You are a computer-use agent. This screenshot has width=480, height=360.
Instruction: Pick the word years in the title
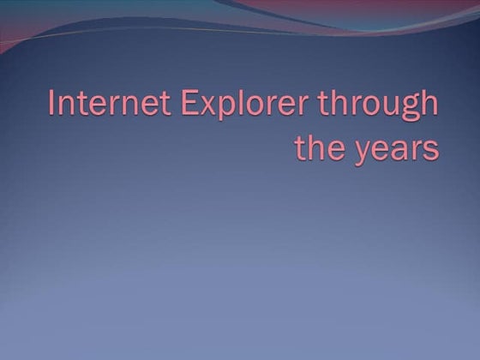[397, 149]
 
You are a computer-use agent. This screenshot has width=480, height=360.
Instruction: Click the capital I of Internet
[53, 105]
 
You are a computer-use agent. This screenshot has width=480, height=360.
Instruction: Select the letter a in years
[398, 148]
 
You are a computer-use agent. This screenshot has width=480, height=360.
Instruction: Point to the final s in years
[430, 148]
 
